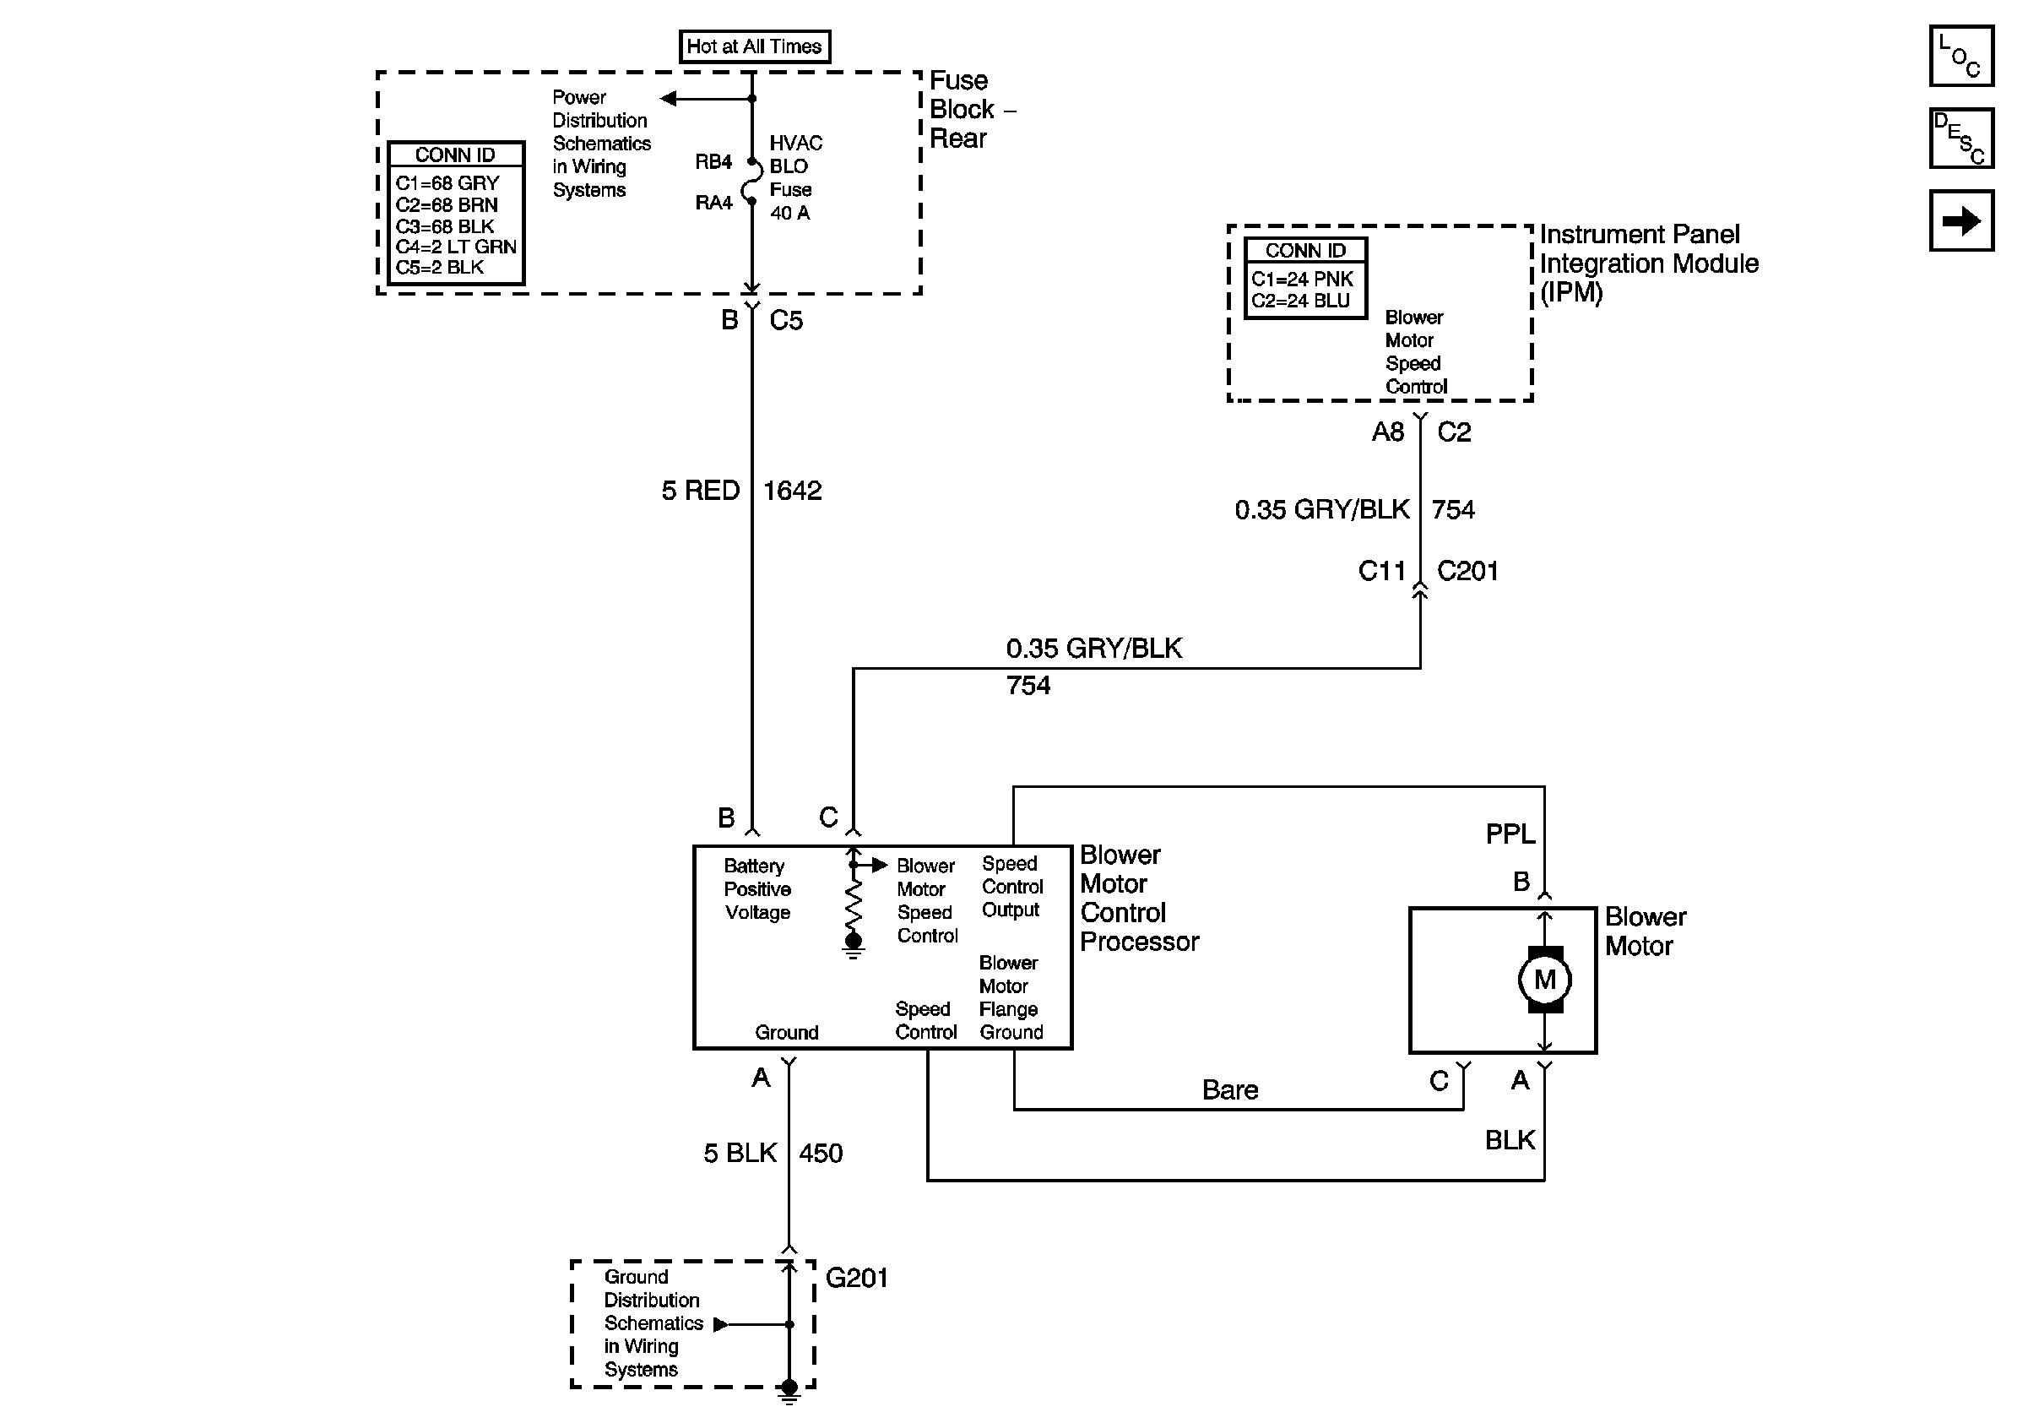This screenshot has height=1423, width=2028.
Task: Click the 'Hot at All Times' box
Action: [x=754, y=46]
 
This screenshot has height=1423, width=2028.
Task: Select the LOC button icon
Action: [x=1960, y=56]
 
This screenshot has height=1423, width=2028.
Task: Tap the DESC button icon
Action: [x=1960, y=138]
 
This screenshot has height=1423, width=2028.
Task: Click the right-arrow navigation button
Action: [x=1960, y=220]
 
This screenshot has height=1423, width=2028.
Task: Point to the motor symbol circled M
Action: [x=1544, y=980]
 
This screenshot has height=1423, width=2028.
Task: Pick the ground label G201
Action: [x=857, y=1278]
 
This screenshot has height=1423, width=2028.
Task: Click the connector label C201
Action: [x=1467, y=571]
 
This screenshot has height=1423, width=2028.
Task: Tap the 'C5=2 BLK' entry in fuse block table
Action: [x=439, y=268]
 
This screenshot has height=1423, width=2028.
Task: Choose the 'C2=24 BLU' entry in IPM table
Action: [x=1300, y=301]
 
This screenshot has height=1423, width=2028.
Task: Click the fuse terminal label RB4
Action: [x=713, y=161]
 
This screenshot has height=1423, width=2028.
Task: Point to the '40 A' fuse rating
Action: [x=789, y=213]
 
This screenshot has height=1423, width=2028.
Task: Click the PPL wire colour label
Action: [x=1510, y=834]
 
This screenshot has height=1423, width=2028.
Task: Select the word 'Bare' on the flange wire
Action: [x=1229, y=1090]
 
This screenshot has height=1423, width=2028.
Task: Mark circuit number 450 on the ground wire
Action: [x=821, y=1153]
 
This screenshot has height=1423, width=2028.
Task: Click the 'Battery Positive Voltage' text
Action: [x=757, y=888]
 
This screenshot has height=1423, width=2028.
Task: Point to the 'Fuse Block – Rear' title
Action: [x=973, y=110]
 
